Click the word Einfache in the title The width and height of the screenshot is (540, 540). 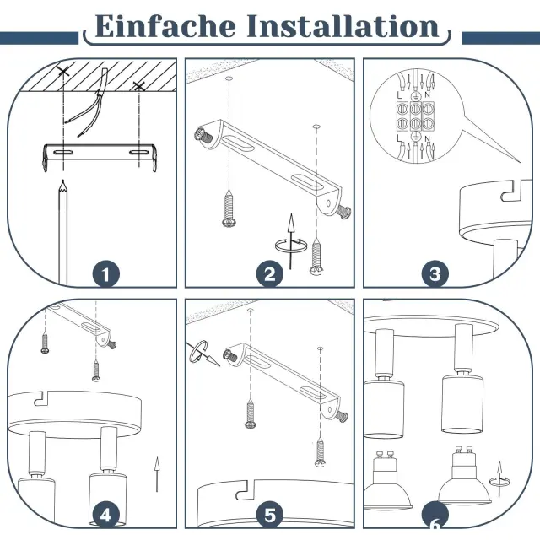(165, 26)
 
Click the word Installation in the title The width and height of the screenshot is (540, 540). (343, 26)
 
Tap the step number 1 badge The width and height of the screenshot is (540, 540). (106, 274)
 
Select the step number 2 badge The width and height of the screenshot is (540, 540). (270, 274)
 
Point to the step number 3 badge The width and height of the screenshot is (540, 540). (435, 274)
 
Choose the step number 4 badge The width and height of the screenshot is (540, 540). (106, 516)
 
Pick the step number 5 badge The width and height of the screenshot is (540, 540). (270, 516)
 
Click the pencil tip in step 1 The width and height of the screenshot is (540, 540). (63, 181)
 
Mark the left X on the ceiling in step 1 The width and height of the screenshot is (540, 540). (63, 72)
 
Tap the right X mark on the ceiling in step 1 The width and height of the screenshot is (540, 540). (138, 86)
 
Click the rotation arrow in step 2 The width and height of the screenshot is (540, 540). (291, 246)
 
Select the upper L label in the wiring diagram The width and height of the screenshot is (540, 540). (399, 95)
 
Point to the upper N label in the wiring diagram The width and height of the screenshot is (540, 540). (428, 94)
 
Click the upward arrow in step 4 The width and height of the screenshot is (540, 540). (157, 474)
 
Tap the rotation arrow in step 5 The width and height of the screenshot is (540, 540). (202, 353)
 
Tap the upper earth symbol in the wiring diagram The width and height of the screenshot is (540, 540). (416, 96)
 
